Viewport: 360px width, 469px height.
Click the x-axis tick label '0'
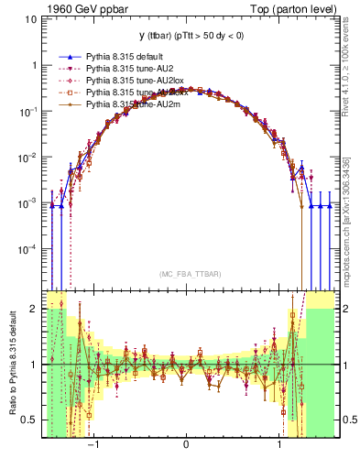[x=187, y=443]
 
